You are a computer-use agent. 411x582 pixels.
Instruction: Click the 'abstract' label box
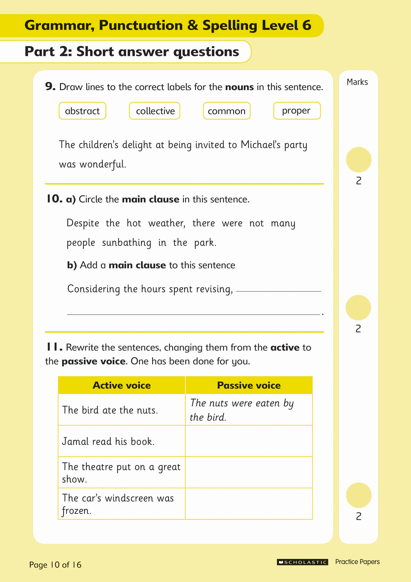pyautogui.click(x=82, y=111)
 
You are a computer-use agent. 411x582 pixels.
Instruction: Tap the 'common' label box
pyautogui.click(x=227, y=111)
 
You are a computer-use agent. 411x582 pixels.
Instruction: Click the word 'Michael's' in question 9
pyautogui.click(x=261, y=145)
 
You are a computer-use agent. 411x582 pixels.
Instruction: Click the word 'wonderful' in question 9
pyautogui.click(x=102, y=164)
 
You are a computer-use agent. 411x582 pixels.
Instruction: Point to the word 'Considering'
pyautogui.click(x=93, y=289)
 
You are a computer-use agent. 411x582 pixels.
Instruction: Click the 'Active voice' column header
pyautogui.click(x=122, y=385)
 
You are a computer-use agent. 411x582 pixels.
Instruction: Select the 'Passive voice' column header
pyautogui.click(x=249, y=385)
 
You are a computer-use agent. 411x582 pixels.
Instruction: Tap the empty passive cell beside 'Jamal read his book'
pyautogui.click(x=249, y=441)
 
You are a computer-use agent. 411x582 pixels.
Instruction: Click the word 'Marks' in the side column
pyautogui.click(x=357, y=82)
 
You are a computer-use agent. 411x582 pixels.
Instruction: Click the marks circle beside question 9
pyautogui.click(x=359, y=160)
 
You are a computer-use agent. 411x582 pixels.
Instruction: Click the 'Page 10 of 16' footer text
pyautogui.click(x=55, y=565)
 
